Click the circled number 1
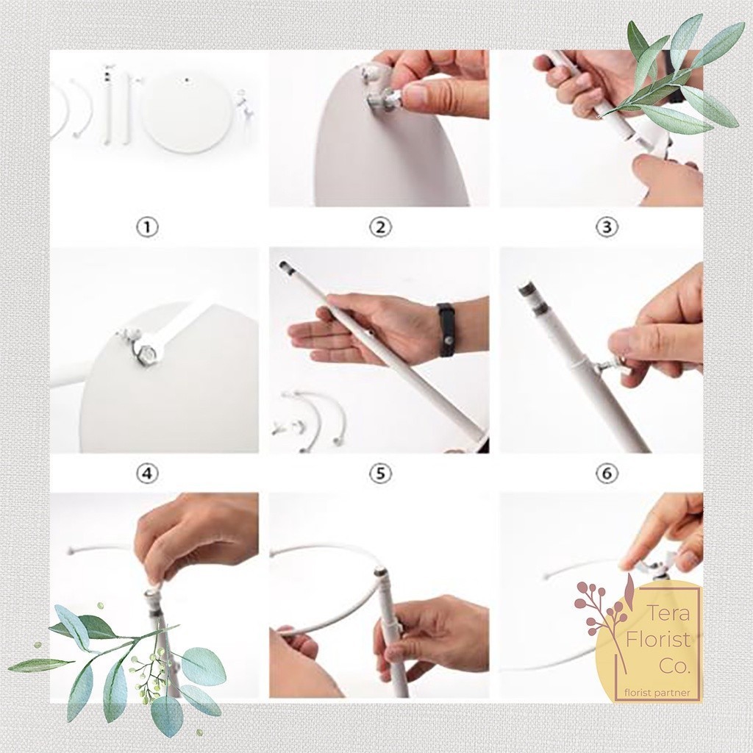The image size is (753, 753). [147, 227]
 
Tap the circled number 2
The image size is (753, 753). [380, 227]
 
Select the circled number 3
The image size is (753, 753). [607, 227]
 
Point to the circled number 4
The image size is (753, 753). [147, 474]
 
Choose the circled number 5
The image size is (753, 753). [380, 474]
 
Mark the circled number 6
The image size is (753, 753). [607, 474]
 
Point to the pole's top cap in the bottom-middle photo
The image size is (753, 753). [381, 572]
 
